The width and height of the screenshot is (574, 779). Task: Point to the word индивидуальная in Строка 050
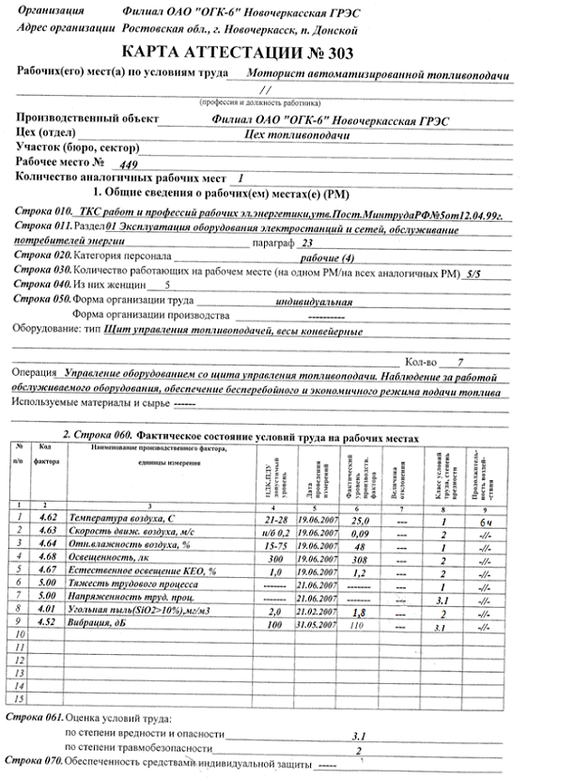click(x=314, y=303)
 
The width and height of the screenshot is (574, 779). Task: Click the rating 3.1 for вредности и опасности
click(x=359, y=737)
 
